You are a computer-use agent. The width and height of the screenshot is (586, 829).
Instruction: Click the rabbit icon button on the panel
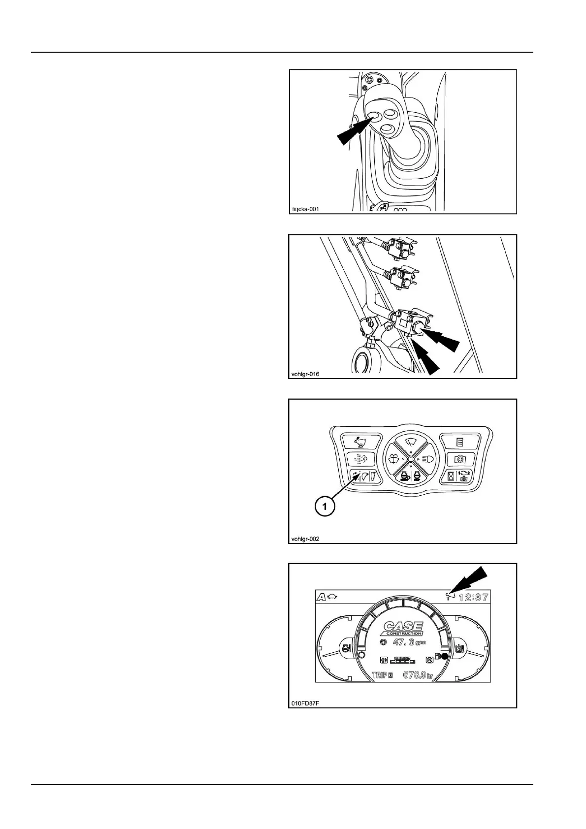tap(362, 441)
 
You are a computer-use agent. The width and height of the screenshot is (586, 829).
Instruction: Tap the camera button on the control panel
tap(459, 459)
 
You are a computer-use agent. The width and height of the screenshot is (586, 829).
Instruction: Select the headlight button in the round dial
tap(426, 459)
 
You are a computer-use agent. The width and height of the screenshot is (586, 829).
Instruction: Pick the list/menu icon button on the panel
tap(459, 441)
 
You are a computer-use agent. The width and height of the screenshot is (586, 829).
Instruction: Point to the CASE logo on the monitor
tap(402, 628)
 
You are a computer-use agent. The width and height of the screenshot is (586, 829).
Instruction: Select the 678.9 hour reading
tap(418, 675)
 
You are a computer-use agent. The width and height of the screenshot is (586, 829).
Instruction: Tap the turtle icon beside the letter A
tap(333, 597)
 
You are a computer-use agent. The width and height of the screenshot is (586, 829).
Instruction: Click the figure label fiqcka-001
tap(305, 209)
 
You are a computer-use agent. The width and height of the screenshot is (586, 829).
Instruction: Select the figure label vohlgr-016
tap(305, 374)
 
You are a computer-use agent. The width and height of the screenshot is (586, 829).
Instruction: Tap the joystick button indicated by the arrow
tap(374, 116)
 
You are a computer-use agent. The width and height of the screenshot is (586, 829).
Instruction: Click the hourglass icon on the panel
tap(450, 476)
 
